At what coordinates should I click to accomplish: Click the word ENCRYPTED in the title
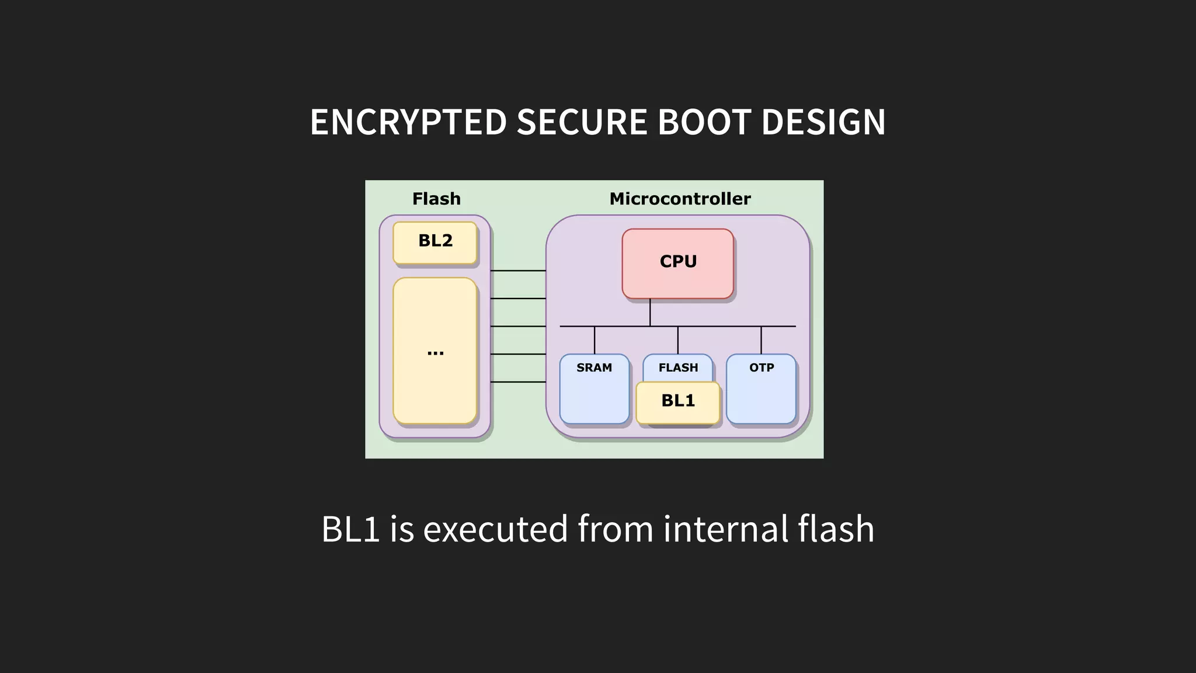408,122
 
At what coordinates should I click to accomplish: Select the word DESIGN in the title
823,122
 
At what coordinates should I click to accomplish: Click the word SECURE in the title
582,122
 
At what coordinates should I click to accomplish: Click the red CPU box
677,263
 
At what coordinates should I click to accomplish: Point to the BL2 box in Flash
435,241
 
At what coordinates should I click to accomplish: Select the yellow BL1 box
677,402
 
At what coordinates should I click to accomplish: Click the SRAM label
594,368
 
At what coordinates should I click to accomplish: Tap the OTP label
762,368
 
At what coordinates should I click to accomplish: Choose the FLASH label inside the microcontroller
678,368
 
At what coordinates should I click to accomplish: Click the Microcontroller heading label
680,199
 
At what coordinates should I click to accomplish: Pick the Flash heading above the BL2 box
436,199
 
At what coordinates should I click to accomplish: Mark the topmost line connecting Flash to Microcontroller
518,270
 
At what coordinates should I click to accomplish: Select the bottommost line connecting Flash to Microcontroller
518,382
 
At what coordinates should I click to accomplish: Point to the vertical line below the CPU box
650,313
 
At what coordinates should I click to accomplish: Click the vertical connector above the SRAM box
594,340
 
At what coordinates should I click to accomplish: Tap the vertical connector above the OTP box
761,340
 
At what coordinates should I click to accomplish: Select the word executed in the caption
495,529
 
